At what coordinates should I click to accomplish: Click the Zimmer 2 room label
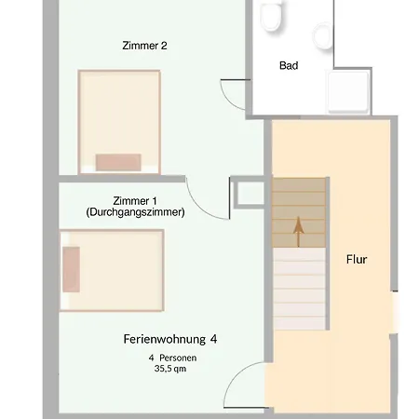[x=145, y=45]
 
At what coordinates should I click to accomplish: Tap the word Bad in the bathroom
[x=289, y=65]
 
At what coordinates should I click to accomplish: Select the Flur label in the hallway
[x=356, y=260]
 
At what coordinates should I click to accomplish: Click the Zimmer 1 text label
[x=135, y=200]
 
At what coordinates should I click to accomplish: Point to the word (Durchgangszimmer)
[x=135, y=212]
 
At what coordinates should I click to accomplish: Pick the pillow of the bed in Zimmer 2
[x=118, y=161]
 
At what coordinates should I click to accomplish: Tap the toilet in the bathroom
[x=271, y=18]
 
